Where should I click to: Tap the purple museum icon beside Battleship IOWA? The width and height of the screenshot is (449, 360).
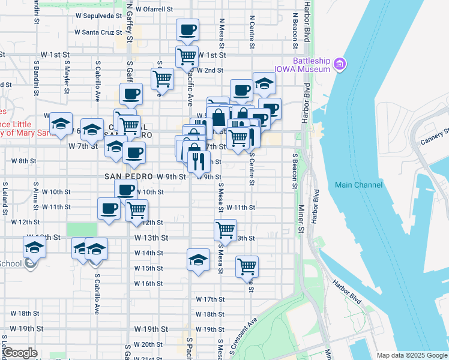[x=340, y=63]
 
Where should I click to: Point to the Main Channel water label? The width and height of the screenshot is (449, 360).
[x=359, y=185]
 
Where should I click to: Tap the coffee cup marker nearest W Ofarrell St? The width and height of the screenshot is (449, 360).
[x=187, y=29]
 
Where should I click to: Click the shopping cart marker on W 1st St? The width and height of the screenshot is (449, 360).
[x=187, y=56]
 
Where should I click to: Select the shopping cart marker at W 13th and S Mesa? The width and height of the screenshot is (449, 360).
[x=225, y=229]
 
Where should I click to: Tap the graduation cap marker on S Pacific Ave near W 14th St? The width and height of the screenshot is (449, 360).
[x=198, y=259]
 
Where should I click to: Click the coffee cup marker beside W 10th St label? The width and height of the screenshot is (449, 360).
[x=125, y=191]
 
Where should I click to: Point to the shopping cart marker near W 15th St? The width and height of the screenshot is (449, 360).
[x=247, y=266]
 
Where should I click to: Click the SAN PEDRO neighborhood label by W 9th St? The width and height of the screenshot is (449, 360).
[x=129, y=176]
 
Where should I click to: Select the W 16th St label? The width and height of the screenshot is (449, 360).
[x=148, y=284]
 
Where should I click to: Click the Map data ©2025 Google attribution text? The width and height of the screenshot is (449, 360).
[x=411, y=355]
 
